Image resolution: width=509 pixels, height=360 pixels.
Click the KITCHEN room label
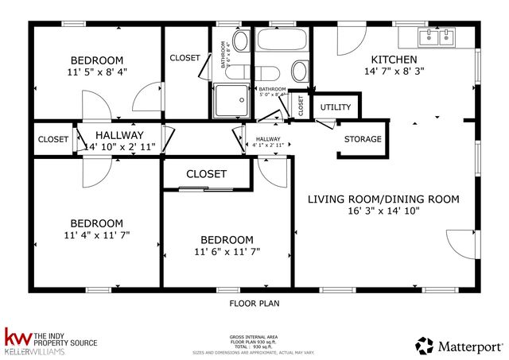[394, 60]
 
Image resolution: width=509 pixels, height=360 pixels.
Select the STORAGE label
[363, 139]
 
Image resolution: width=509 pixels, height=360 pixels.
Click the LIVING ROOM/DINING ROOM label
[383, 199]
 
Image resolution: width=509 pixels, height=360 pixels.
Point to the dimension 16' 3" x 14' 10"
[383, 211]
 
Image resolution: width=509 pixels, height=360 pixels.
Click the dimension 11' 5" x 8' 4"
[96, 72]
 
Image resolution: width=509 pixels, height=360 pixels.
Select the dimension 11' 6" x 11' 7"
[227, 252]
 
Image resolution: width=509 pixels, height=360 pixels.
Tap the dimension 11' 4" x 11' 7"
[96, 235]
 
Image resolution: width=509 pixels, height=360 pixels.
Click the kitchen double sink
[436, 36]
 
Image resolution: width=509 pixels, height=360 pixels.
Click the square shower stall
[229, 100]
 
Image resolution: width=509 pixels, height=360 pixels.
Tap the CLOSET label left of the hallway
[53, 139]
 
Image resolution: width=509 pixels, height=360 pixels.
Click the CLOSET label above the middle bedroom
[206, 173]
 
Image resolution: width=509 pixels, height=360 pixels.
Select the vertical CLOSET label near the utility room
[301, 105]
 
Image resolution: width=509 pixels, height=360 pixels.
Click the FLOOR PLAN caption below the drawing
[254, 303]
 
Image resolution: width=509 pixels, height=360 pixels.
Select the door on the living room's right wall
[462, 244]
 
